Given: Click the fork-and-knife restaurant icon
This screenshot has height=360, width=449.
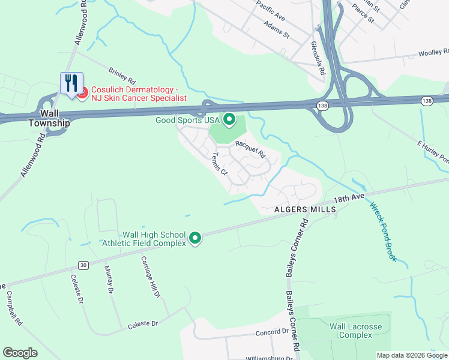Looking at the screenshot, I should (x=71, y=83).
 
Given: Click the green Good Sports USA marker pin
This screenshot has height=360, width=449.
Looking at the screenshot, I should (x=229, y=120).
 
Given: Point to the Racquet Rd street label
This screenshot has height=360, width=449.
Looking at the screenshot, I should (x=250, y=148).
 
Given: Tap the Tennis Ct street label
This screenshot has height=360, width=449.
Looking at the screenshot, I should (x=219, y=163).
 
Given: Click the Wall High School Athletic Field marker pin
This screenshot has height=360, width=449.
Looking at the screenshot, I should (x=195, y=238).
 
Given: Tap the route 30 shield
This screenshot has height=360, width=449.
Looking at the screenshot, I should (x=83, y=265).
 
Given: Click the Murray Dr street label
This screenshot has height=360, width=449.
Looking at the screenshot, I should (x=109, y=280).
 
